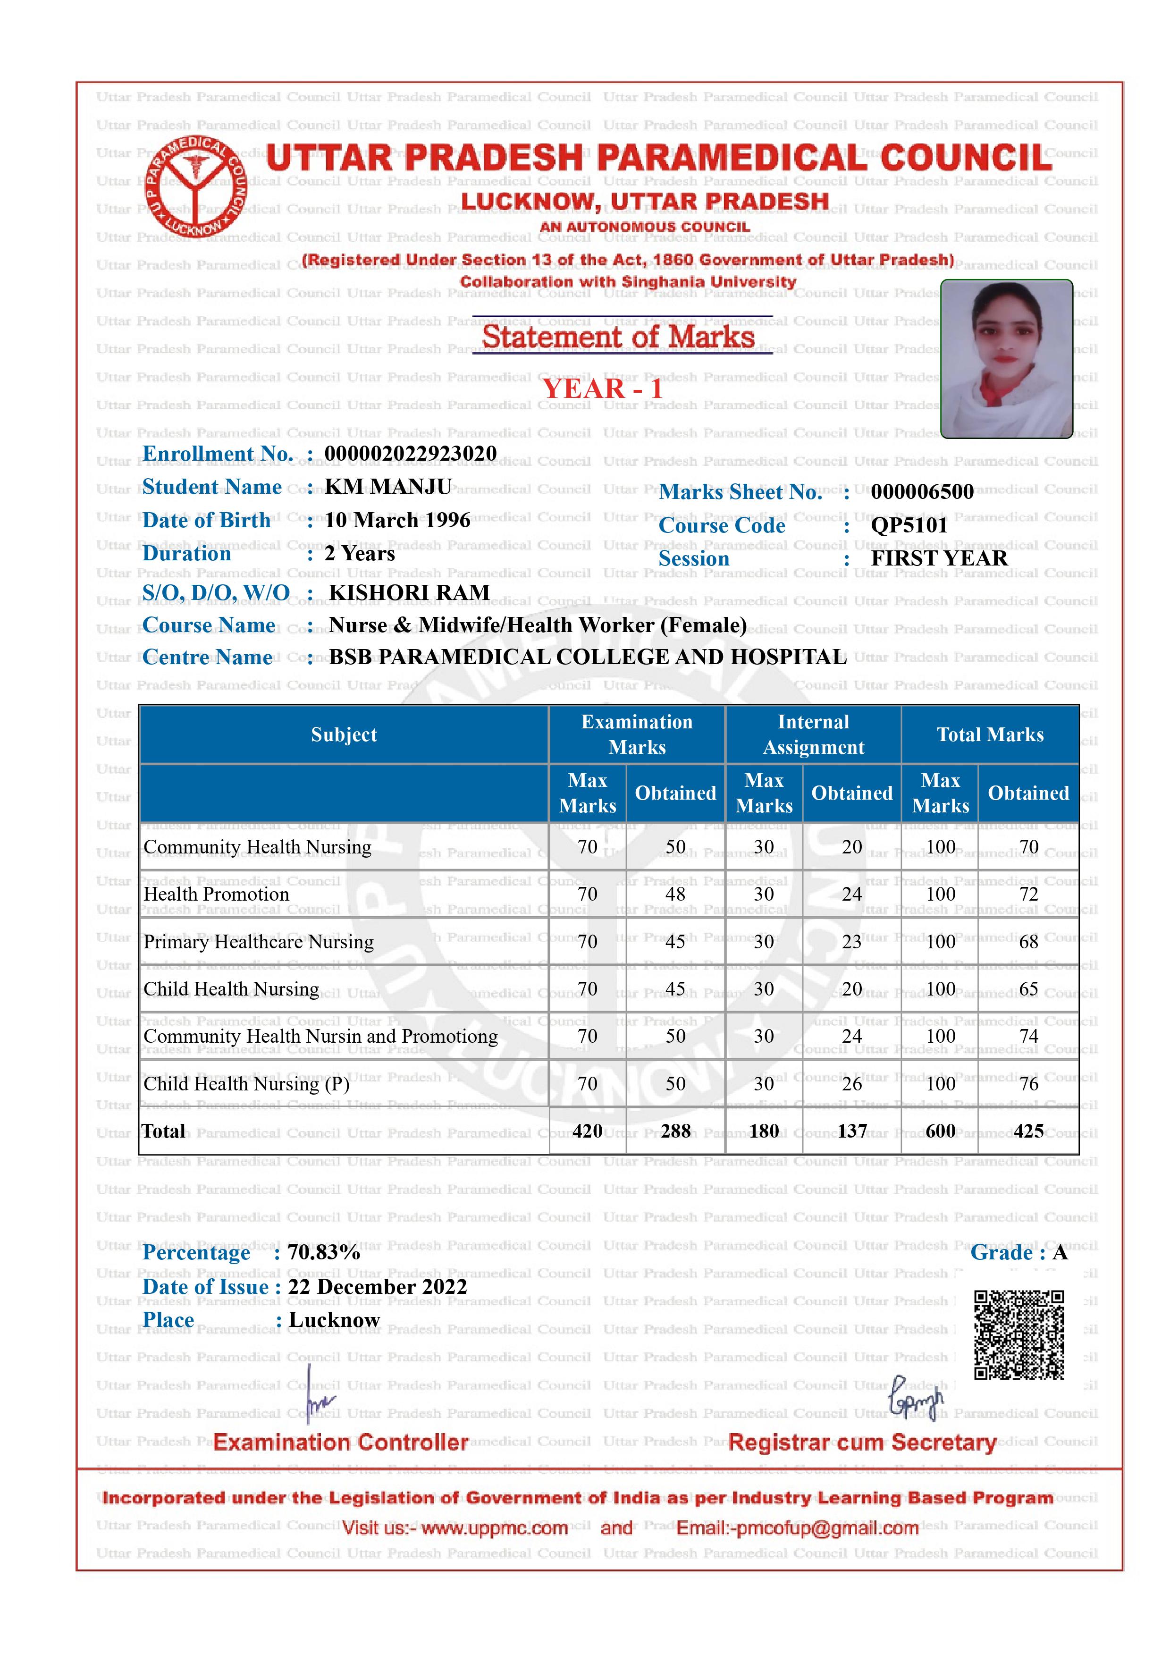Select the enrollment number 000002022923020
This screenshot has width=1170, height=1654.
click(x=411, y=454)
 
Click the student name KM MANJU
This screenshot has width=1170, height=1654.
click(x=388, y=487)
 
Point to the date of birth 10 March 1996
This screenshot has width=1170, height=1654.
click(x=397, y=520)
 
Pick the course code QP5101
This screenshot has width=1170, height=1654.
click(x=909, y=525)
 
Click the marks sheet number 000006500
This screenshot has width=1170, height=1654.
click(x=922, y=492)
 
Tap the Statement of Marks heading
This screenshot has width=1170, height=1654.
click(x=618, y=337)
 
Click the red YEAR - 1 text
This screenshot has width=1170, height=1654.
click(x=602, y=389)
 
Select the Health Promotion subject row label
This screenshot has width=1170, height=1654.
click(x=216, y=894)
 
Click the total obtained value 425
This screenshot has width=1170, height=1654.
click(x=1028, y=1131)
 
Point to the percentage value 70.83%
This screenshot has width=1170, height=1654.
click(x=324, y=1252)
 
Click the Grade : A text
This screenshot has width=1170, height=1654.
click(x=1018, y=1252)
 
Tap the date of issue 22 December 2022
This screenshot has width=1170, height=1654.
click(x=378, y=1287)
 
